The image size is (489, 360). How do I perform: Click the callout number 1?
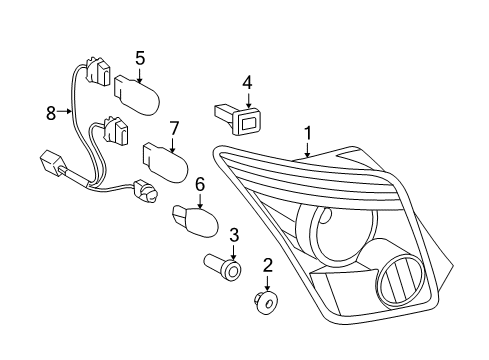308,131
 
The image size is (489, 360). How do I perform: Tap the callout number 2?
267,264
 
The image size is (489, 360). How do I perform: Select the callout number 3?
233,235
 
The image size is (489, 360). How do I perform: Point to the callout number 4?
246,83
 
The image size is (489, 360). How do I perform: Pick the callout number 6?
199,184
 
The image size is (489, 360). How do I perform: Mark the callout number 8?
50,114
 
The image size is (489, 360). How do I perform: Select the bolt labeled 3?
223,268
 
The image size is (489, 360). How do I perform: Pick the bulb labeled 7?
165,159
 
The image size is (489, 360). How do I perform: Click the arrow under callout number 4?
246,100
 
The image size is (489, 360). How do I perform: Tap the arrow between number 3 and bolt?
233,251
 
